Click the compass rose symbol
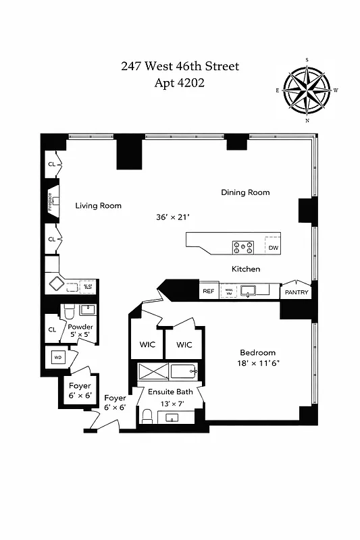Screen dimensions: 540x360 [307, 90]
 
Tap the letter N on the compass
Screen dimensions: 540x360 [307, 121]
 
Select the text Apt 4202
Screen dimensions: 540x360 [180, 83]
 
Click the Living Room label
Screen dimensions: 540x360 [99, 206]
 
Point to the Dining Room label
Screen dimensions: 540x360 [245, 192]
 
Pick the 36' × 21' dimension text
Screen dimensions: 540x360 [172, 217]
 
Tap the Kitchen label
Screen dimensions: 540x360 [246, 269]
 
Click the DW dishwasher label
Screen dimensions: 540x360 [273, 248]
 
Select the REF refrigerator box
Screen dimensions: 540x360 [209, 292]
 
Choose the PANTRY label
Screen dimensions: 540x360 [297, 292]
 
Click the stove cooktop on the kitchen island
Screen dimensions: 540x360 [243, 247]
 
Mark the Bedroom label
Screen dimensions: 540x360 [258, 352]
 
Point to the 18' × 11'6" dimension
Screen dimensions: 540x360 [258, 364]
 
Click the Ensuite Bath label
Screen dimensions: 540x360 [170, 391]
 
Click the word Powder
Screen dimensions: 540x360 [81, 327]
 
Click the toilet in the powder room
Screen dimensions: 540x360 [68, 310]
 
